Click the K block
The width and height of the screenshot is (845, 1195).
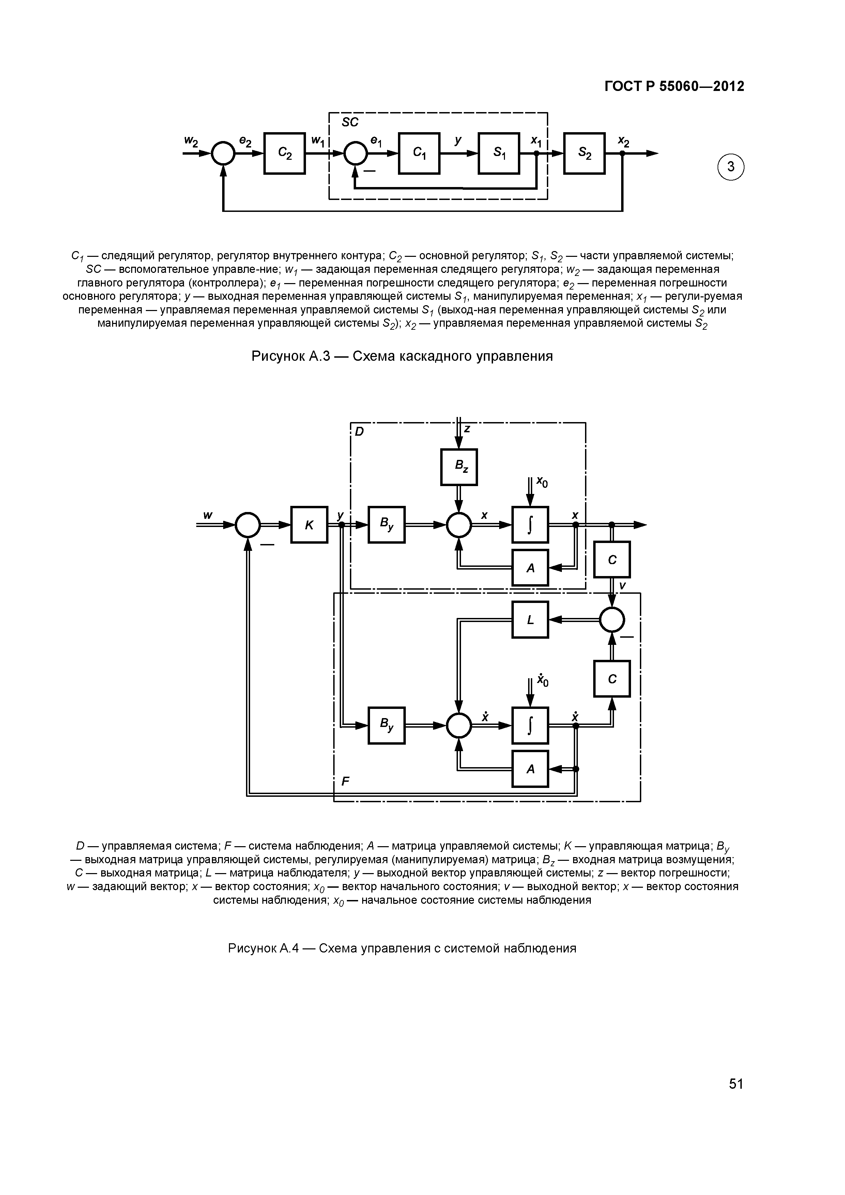pyautogui.click(x=309, y=525)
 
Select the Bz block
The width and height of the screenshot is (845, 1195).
pyautogui.click(x=459, y=467)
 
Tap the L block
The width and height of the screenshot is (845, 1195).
pyautogui.click(x=530, y=619)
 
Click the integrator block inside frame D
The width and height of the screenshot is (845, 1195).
pyautogui.click(x=530, y=525)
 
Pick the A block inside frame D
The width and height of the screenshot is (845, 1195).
pyautogui.click(x=530, y=567)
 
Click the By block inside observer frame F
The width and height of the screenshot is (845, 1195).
pyautogui.click(x=386, y=725)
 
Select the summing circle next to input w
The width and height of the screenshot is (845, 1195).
pyautogui.click(x=248, y=525)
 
